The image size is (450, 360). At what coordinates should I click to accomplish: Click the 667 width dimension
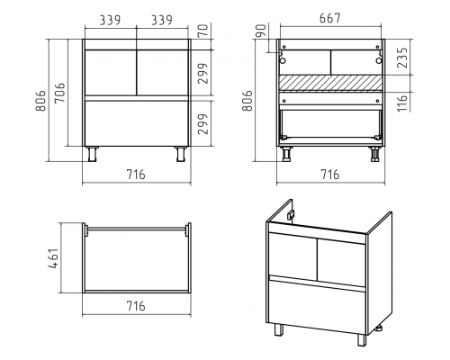coord(330,18)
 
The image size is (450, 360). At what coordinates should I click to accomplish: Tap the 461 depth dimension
coord(54,258)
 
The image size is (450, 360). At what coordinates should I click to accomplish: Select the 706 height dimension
coord(60,93)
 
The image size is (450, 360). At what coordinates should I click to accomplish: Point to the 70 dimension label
coord(203,31)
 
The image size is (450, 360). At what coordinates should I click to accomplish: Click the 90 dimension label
coord(261,31)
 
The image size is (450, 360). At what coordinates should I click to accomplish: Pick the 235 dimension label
coord(402,58)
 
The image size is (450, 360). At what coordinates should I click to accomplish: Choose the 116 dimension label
coord(402,103)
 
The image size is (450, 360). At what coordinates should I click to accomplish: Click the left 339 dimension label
coord(110,20)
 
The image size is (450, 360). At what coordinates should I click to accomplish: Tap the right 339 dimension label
coord(162,20)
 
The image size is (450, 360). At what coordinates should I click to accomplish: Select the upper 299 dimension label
coord(203,73)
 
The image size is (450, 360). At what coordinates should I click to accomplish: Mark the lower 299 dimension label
coord(203,124)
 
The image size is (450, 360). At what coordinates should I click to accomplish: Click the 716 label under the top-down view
coord(136,306)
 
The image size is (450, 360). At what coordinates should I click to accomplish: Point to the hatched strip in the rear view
coord(331,83)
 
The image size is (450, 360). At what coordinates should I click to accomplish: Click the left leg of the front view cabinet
coord(92,154)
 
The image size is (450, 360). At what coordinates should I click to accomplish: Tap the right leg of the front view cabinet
coord(181,154)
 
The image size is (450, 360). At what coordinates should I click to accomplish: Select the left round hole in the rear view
coord(283,60)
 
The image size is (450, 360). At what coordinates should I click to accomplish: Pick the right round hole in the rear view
coord(379,60)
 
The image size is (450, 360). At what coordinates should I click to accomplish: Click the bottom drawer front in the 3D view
coord(318,306)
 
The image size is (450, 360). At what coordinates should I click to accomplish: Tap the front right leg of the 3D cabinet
coord(362,339)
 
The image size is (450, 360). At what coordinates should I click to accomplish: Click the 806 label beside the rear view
coord(248,100)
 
